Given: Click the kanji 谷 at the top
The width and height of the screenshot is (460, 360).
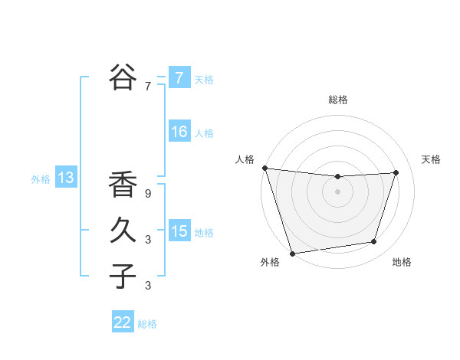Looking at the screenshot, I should point(123,77).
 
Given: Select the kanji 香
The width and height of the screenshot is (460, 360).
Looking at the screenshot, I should point(123,186).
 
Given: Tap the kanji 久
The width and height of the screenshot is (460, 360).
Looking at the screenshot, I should point(123,231).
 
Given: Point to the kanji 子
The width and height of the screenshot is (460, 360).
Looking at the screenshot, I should point(123,276).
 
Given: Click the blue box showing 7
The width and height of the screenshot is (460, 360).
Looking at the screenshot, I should point(179,77).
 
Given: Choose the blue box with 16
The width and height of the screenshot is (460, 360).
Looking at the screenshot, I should point(179,132).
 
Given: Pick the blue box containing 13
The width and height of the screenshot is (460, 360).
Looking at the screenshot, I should point(66,178).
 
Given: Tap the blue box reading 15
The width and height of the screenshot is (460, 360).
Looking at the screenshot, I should point(179,231).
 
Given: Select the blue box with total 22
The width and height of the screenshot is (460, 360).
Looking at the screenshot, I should point(123,322).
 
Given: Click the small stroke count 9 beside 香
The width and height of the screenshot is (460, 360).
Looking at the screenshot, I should point(148,195).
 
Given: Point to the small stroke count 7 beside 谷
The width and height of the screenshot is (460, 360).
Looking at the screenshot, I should point(148,87).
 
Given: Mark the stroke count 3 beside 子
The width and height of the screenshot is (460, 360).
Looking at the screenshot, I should point(148,286).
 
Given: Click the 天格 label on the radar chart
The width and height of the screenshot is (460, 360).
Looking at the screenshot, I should point(431,159).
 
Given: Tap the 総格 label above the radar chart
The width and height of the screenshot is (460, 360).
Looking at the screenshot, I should point(337,100).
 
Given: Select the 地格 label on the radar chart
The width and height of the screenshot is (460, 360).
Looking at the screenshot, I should point(402,262).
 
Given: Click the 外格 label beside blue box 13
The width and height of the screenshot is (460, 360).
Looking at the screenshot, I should point(41,179).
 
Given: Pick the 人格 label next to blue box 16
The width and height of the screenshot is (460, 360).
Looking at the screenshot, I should point(204,133).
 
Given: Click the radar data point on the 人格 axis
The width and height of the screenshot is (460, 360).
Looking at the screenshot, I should point(264,168).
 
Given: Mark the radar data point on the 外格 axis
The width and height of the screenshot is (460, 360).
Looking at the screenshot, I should point(292,253).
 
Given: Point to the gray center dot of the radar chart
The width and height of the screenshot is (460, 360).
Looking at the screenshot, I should point(337,191).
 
